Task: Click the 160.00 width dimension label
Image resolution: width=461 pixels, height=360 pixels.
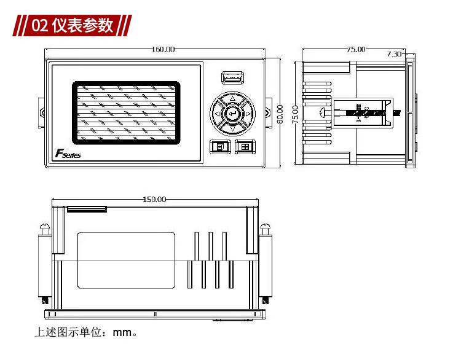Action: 164,49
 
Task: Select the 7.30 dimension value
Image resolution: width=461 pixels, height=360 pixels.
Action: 394,54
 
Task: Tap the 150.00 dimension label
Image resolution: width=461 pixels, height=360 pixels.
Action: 154,199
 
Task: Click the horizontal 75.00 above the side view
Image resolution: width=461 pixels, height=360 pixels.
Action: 356,49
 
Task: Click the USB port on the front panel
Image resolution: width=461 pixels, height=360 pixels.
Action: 232,78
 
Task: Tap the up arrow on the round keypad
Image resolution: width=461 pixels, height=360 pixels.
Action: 232,98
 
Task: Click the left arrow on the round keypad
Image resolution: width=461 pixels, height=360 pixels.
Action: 217,113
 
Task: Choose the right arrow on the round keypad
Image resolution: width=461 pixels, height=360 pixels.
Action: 247,113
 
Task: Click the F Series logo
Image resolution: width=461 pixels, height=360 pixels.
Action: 68,154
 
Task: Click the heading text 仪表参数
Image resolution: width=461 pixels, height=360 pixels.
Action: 83,25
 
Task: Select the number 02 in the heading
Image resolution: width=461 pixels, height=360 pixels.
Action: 40,26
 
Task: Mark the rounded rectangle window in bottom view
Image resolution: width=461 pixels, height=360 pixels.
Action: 126,260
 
